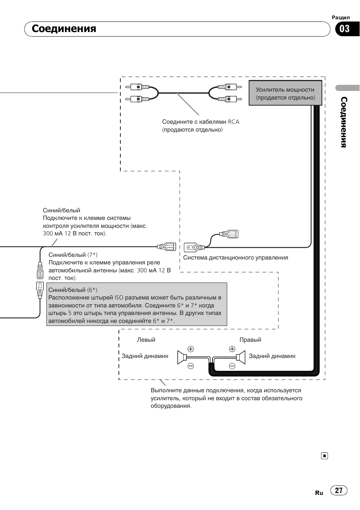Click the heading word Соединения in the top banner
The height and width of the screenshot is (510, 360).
point(64,29)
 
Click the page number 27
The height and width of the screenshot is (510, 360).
point(339,490)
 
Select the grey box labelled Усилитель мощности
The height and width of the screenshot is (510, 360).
point(285,93)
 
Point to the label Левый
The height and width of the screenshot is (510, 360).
point(146,340)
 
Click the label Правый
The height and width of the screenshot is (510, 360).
point(250,340)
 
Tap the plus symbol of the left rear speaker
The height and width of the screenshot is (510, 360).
point(191,349)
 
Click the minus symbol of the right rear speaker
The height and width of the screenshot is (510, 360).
point(232,366)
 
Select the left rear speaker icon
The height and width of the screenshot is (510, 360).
point(182,357)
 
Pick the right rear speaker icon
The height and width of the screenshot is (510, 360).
point(241,357)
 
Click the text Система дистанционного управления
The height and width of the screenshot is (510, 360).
point(235,258)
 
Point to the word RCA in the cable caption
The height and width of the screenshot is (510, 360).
point(234,122)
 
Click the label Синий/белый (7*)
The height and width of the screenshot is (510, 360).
point(73,255)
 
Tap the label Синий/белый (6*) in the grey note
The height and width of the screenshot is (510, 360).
point(73,290)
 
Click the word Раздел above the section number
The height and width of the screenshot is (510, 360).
point(341,18)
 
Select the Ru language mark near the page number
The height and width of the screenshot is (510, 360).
point(319,493)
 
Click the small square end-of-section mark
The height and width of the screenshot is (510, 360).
point(325,456)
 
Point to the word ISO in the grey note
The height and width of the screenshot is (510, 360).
point(118,298)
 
